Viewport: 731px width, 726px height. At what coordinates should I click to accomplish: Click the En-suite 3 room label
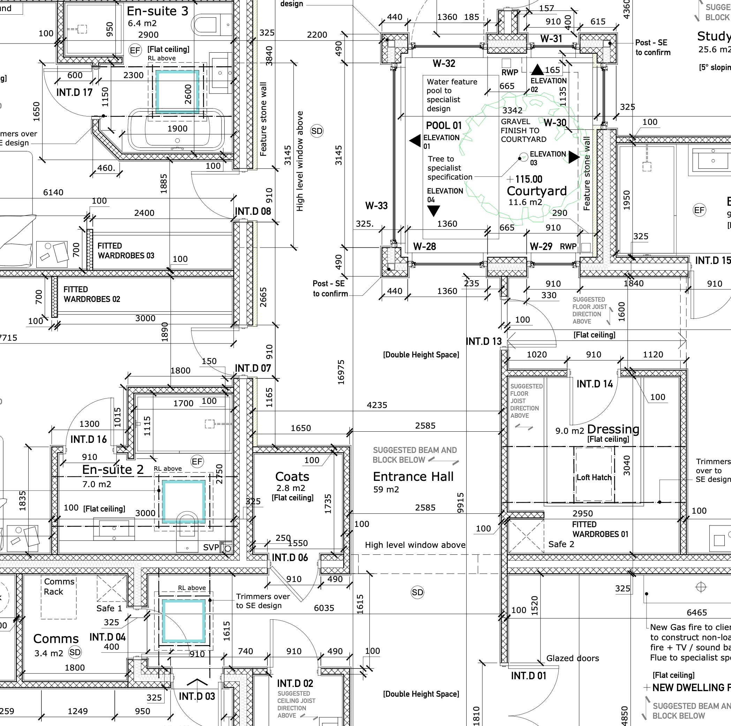[157, 12]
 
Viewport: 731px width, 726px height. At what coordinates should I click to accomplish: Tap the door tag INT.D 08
[253, 211]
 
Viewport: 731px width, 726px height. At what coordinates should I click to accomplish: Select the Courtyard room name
[536, 191]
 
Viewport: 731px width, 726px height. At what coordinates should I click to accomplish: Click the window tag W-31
[551, 39]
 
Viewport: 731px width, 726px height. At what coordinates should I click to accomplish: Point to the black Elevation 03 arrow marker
[574, 157]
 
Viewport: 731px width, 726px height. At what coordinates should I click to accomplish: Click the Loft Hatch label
[594, 477]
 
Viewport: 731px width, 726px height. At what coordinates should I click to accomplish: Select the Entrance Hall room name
[413, 477]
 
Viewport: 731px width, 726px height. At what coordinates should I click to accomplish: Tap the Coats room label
[292, 477]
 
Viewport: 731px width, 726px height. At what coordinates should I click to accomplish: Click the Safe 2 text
[561, 544]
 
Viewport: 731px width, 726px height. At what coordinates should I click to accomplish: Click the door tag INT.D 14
[594, 384]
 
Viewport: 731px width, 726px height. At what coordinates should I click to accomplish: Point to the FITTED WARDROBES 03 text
[126, 250]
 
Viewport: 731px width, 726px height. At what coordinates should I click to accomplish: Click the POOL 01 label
[444, 126]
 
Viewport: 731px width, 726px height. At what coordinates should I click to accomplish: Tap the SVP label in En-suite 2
[211, 547]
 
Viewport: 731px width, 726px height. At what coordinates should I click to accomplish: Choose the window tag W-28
[424, 247]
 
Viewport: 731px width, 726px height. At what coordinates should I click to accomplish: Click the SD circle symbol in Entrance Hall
[417, 592]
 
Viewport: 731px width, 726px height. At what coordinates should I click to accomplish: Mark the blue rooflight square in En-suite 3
[178, 92]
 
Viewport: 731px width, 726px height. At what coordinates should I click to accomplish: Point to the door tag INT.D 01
[529, 676]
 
